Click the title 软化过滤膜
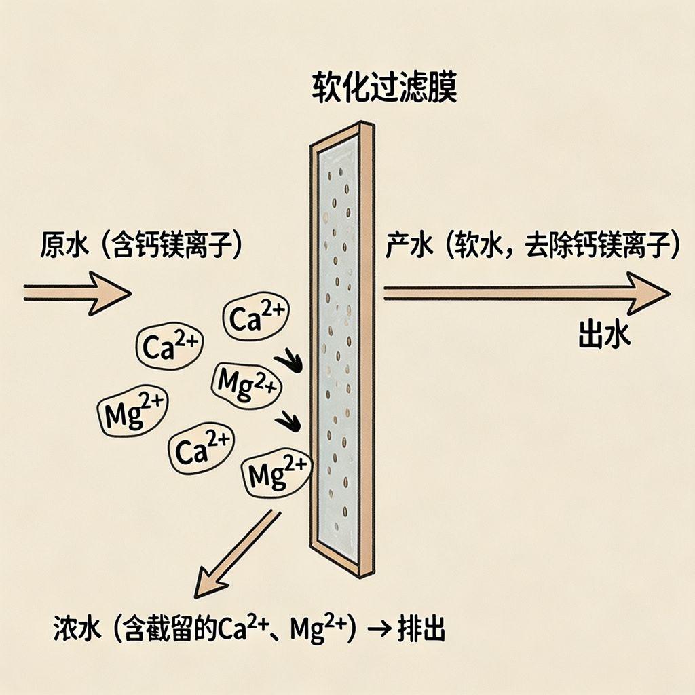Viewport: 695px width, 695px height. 384,88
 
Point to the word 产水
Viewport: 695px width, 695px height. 409,245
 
